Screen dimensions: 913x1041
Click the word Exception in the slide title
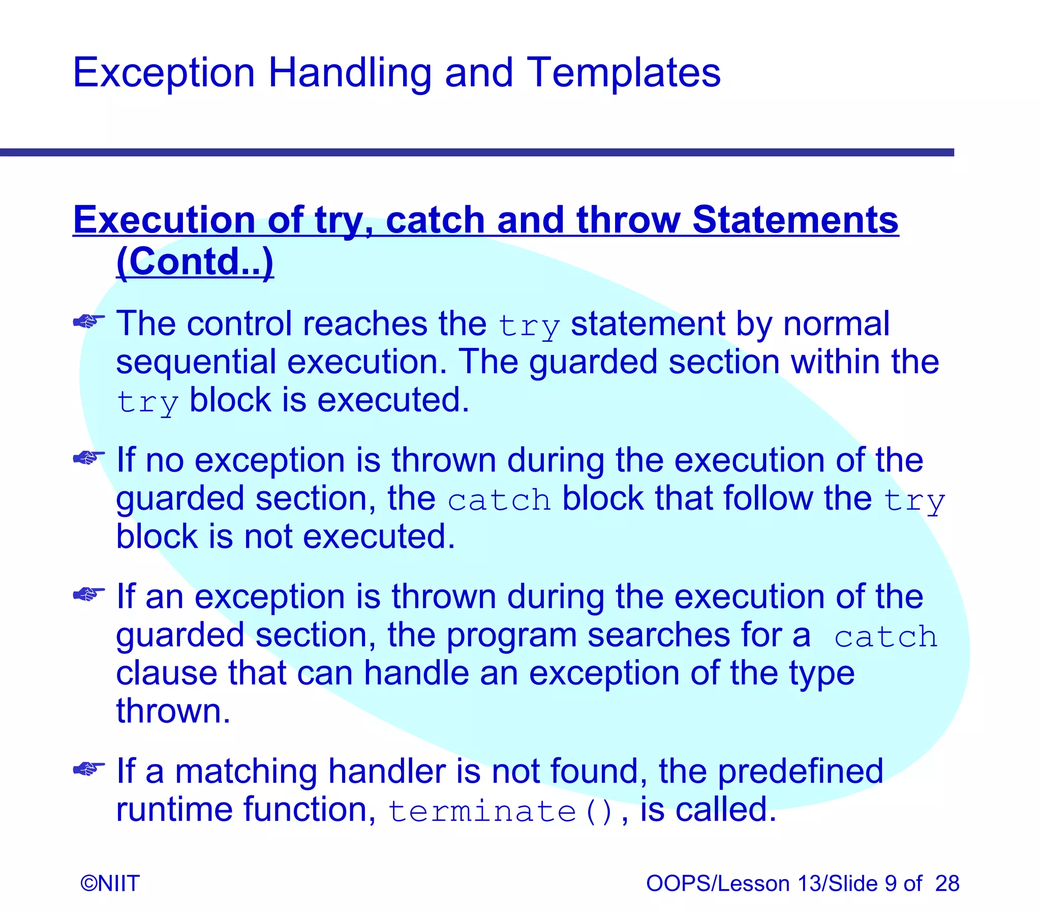[x=163, y=73]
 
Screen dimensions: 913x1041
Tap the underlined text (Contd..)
[x=195, y=261]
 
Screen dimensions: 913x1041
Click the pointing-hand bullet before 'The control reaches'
[x=88, y=321]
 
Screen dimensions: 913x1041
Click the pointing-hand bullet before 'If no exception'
[x=88, y=458]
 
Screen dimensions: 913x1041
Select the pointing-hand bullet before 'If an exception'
[x=88, y=594]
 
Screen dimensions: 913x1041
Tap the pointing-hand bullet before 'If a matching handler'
[x=88, y=769]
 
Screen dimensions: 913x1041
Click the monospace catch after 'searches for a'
[x=885, y=637]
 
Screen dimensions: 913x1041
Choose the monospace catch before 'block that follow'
[x=499, y=500]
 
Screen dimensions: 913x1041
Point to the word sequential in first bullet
[x=196, y=363]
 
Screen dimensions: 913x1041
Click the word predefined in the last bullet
[x=800, y=771]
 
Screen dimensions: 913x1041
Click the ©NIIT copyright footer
[x=110, y=883]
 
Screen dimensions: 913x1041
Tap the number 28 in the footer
[x=947, y=883]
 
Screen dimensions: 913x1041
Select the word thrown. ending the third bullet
[x=173, y=711]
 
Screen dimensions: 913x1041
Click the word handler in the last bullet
[x=387, y=771]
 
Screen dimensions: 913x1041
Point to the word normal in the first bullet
[x=836, y=323]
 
